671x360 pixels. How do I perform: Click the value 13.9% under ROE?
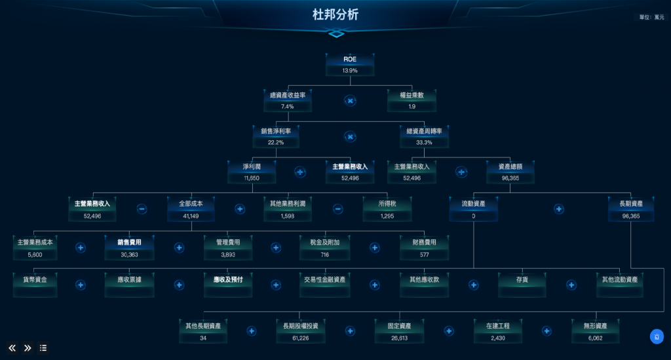tap(350, 70)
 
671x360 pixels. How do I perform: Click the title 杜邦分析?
tap(335, 15)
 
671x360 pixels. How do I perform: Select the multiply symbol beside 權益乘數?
tap(351, 100)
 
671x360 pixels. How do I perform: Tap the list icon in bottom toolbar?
tap(43, 348)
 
